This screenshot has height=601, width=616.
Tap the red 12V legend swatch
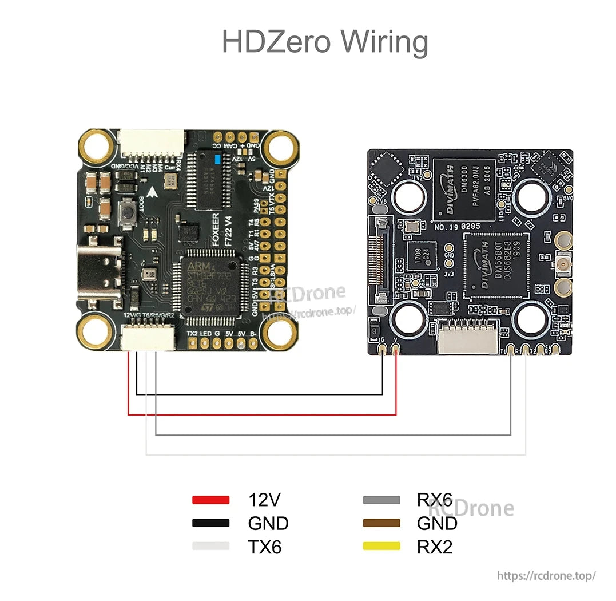pyautogui.click(x=210, y=500)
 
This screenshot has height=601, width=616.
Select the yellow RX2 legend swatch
pyautogui.click(x=381, y=547)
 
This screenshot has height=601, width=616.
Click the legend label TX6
pyautogui.click(x=264, y=547)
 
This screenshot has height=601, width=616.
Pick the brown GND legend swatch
pyautogui.click(x=381, y=523)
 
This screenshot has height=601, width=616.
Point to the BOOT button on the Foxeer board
pyautogui.click(x=128, y=215)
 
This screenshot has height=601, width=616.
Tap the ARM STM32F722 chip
pyautogui.click(x=209, y=286)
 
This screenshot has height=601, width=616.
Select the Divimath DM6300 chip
pyautogui.click(x=463, y=189)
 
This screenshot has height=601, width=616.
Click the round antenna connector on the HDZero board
pyautogui.click(x=563, y=264)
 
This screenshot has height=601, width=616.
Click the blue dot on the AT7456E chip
pyautogui.click(x=216, y=159)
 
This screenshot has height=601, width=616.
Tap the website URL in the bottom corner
pyautogui.click(x=546, y=575)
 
